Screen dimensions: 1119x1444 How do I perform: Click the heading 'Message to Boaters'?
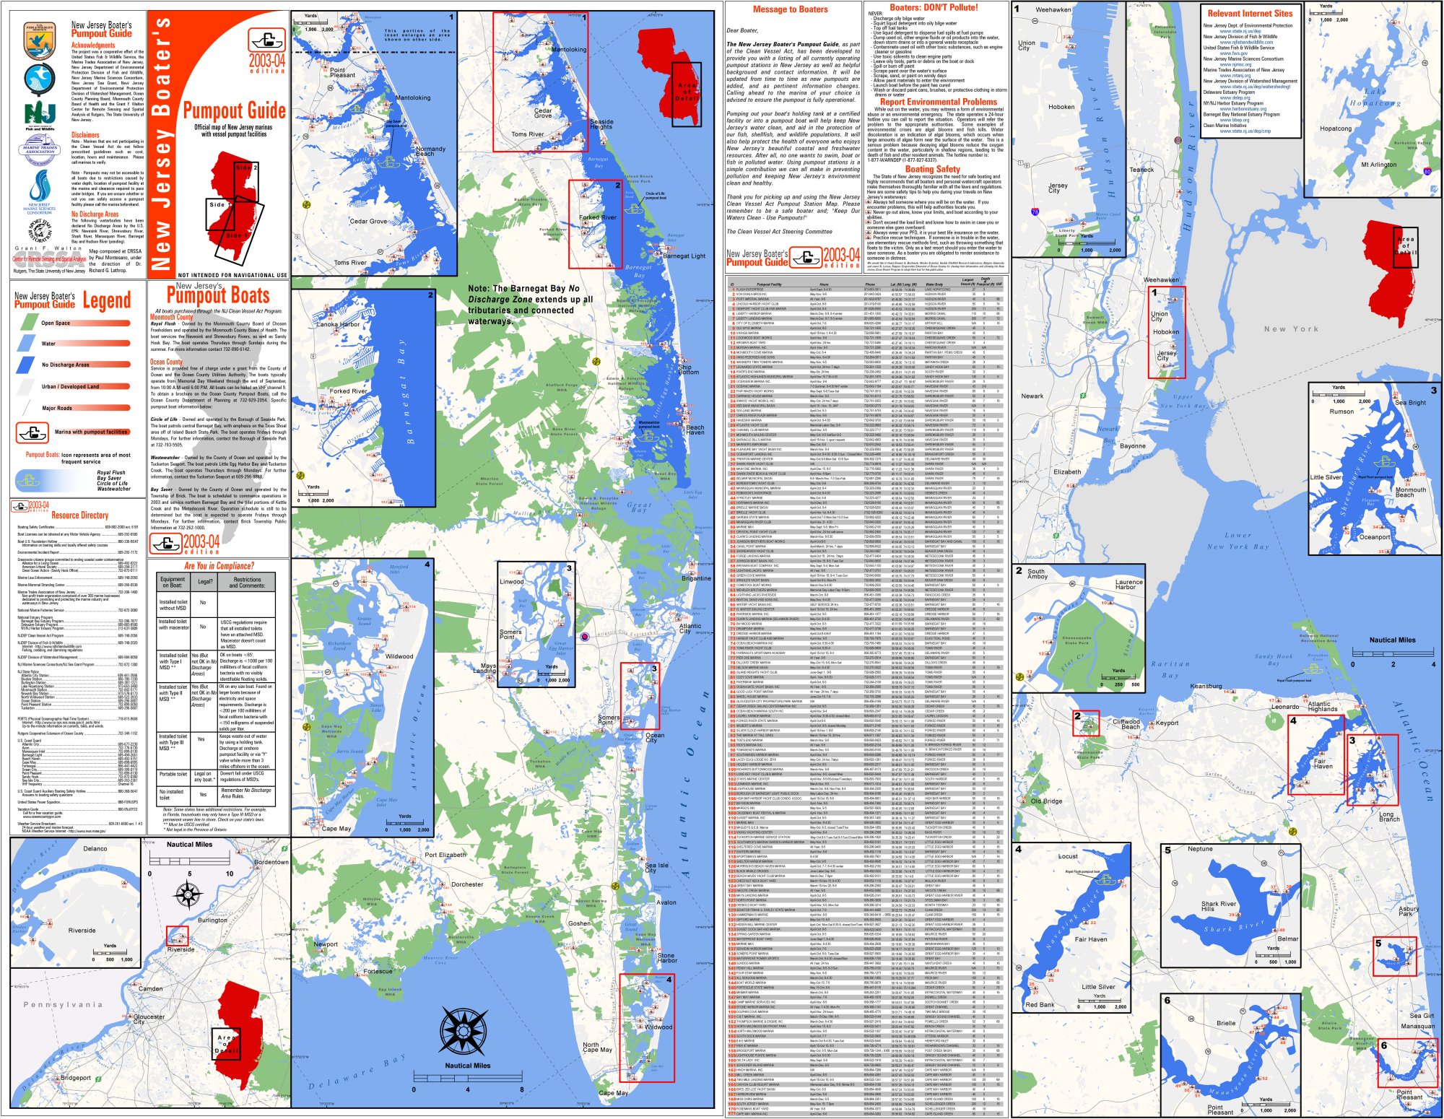pos(790,9)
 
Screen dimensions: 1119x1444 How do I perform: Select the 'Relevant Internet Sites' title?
pos(1250,13)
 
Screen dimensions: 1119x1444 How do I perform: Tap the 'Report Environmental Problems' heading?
pos(938,102)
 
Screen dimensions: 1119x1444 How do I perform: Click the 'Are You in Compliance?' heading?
pos(219,566)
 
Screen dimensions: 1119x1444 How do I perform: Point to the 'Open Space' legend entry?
pos(56,323)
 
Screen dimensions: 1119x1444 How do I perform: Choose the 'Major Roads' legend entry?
pos(57,408)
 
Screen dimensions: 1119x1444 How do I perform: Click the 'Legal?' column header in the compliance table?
pos(205,581)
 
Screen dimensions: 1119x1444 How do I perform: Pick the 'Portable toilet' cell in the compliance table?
pos(173,774)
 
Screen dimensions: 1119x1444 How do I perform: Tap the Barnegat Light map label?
pos(684,256)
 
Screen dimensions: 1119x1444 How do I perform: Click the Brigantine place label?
pos(696,578)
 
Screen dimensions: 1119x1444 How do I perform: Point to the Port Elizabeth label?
pos(445,855)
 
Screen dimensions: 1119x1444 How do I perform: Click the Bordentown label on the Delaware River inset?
pos(271,862)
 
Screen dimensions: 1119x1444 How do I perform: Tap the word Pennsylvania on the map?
pos(63,1004)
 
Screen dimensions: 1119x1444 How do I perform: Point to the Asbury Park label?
pos(1409,911)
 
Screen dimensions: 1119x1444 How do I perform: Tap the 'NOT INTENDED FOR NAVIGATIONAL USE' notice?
pos(232,275)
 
